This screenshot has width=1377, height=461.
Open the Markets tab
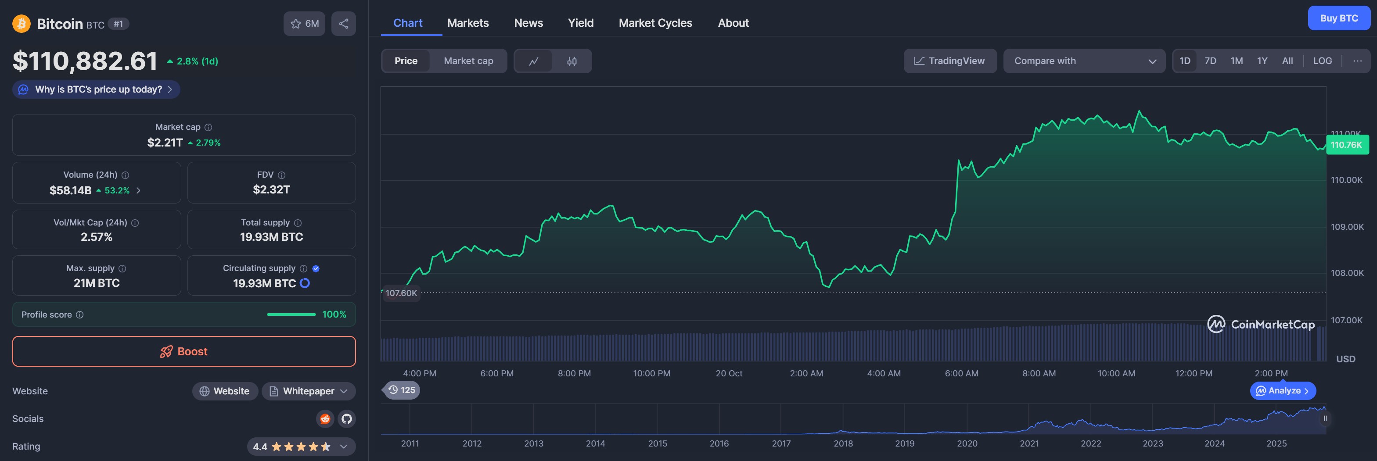coord(468,23)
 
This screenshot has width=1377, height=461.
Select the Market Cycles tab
coord(655,23)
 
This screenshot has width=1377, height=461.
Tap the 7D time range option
coord(1210,61)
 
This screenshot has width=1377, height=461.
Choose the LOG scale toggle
coord(1322,61)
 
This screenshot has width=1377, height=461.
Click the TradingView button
coord(949,61)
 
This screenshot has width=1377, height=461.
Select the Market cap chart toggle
coord(468,61)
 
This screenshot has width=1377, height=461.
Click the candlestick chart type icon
coord(572,61)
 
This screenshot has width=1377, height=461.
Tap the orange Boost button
coord(184,351)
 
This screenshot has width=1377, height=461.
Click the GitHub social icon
coord(347,419)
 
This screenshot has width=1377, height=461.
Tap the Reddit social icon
coord(325,419)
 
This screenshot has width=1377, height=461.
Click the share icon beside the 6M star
coord(344,24)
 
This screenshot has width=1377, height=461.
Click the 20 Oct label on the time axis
coord(729,373)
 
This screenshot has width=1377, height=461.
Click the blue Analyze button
coord(1282,390)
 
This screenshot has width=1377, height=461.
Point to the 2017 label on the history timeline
coord(781,443)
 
